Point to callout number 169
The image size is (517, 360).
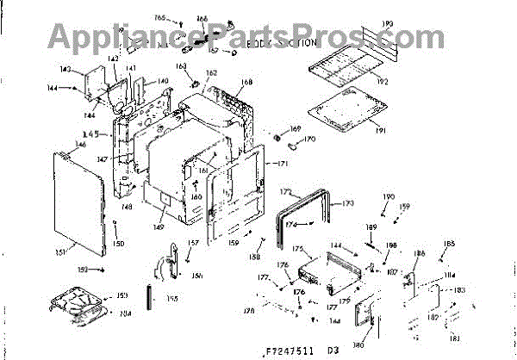pos(296,129)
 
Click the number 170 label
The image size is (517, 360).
pos(311,139)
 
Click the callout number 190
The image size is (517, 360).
pos(388,197)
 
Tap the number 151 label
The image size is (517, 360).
pos(61,251)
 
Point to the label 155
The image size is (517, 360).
pos(172,298)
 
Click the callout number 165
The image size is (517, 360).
pos(159,17)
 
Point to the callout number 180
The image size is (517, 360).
pos(358,345)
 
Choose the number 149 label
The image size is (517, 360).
pos(159,227)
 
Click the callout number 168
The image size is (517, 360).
pos(247,83)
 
